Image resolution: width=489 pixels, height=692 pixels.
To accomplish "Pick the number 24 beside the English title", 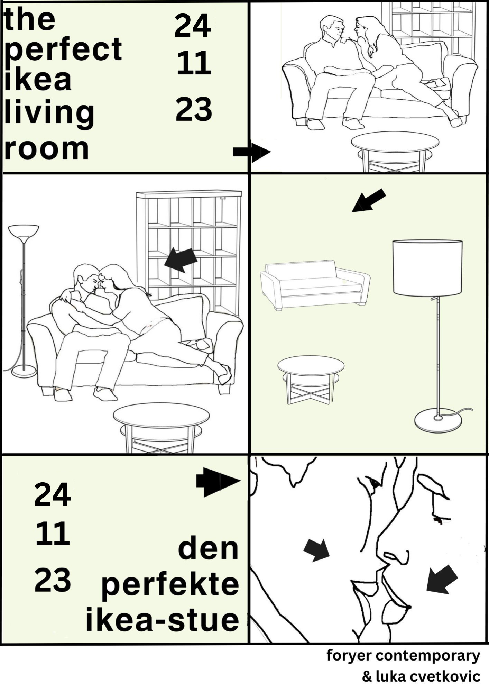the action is (x=193, y=26).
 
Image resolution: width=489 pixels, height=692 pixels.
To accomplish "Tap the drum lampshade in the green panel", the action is (x=427, y=268).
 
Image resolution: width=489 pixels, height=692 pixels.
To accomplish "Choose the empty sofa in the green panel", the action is (x=315, y=285).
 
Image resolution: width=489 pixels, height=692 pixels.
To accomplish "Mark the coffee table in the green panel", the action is (x=311, y=380).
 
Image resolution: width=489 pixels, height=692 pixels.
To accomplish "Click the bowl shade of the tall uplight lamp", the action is (x=24, y=234).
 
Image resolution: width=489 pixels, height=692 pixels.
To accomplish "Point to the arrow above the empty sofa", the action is (x=368, y=200).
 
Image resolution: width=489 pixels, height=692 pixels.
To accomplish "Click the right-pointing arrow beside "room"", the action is (x=251, y=152).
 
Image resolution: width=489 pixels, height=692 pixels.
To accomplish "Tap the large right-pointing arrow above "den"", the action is (x=218, y=481).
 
